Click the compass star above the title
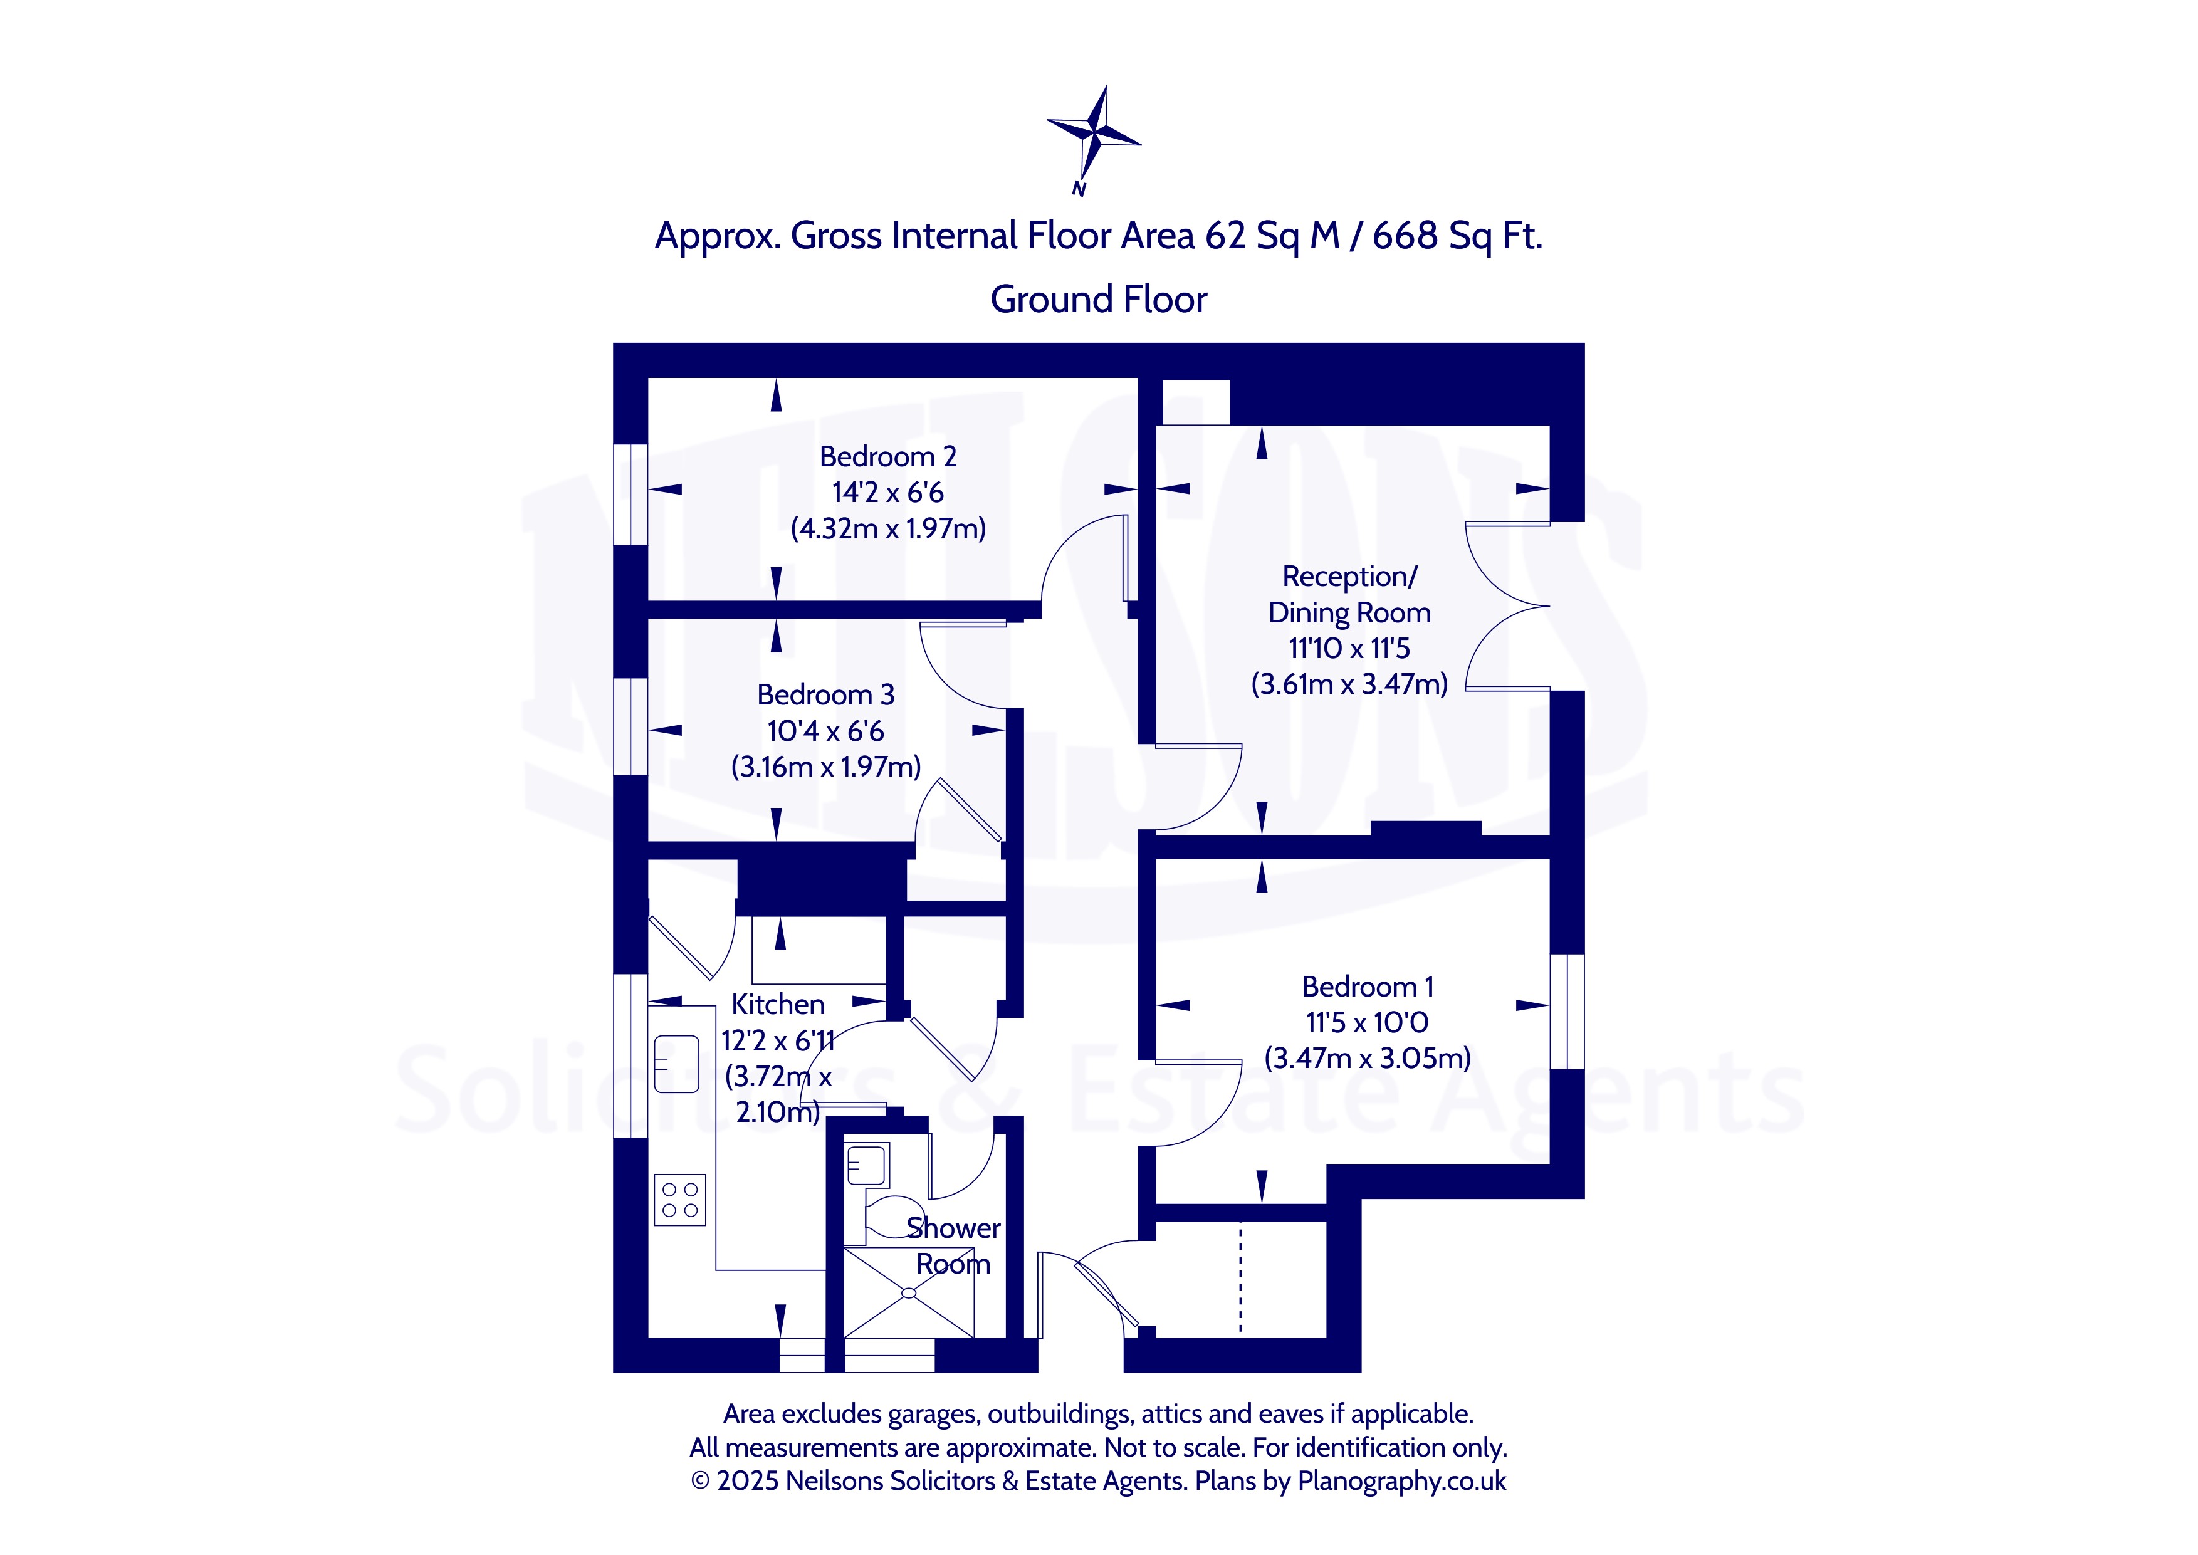tap(1094, 132)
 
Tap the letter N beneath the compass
tap(1079, 189)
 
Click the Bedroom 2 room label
tap(887, 457)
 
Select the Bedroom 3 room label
tap(825, 694)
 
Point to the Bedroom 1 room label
tap(1367, 987)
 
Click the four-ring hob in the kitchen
tap(679, 1200)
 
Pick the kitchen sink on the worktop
tap(676, 1063)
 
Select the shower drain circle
tap(909, 1292)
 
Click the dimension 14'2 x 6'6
tap(887, 492)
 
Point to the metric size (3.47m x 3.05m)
tap(1367, 1058)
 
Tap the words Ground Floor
tap(1098, 299)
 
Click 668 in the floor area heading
tap(1405, 236)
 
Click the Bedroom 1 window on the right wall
tap(1567, 1011)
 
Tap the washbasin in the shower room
tap(867, 1165)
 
